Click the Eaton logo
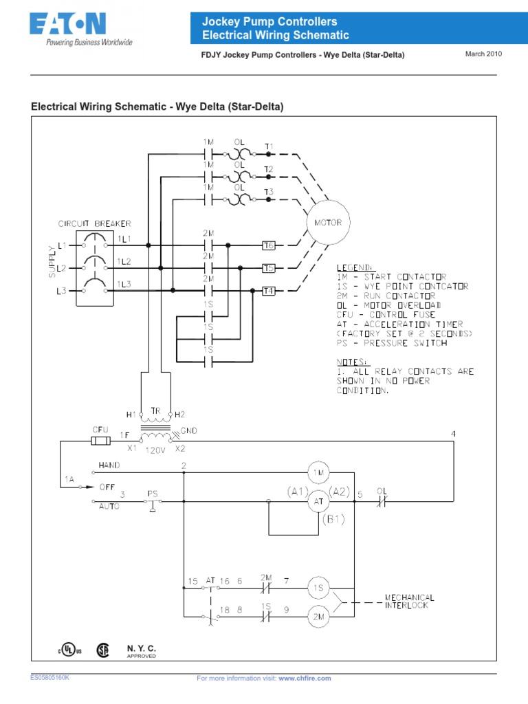point(67,27)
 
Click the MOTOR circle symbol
point(329,223)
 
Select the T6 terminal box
point(269,245)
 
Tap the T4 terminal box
point(269,291)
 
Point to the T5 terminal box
point(269,268)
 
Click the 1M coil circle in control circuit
point(318,472)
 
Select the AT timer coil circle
point(318,500)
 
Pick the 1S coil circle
point(318,588)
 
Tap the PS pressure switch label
point(153,493)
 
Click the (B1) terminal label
point(331,520)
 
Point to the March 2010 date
point(485,54)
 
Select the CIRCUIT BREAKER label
point(95,223)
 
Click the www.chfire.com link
point(305,678)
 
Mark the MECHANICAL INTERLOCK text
point(409,601)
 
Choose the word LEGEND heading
point(355,267)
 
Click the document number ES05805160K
point(49,677)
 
